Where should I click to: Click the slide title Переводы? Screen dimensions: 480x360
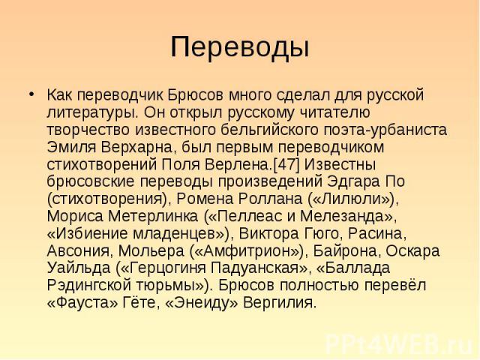tap(240, 47)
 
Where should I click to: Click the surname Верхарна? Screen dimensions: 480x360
tap(136, 148)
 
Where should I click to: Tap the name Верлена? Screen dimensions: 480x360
tap(238, 165)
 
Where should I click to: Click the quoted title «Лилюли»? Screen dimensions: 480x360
tap(352, 199)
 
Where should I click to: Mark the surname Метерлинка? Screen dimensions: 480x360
tap(153, 217)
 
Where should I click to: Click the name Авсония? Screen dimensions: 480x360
tap(78, 251)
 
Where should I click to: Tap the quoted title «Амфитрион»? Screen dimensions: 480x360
tap(247, 251)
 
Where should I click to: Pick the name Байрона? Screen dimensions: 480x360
tap(346, 251)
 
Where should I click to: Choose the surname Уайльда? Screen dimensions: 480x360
tap(78, 268)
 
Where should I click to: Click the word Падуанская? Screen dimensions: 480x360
tap(254, 268)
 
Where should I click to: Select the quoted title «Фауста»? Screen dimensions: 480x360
tap(82, 303)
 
